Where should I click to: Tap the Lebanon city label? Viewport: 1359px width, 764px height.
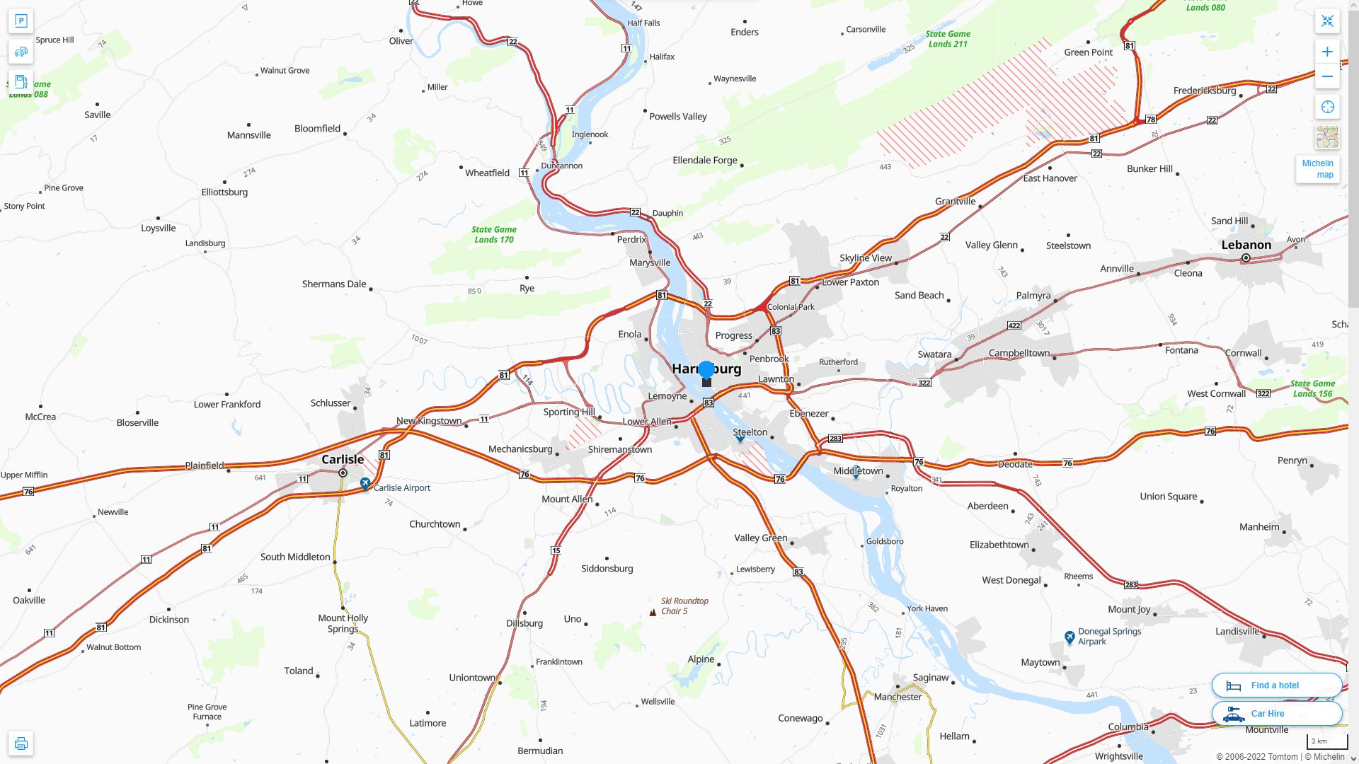1246,245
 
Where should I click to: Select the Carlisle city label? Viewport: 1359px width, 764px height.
343,459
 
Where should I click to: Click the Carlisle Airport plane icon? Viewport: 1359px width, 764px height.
365,484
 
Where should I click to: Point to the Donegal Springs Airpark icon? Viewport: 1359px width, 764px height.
1070,637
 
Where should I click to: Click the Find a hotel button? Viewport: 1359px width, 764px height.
1276,685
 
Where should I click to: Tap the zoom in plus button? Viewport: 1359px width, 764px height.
1327,52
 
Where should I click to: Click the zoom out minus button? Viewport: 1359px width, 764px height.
1327,76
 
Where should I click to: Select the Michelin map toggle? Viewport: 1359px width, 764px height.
1317,169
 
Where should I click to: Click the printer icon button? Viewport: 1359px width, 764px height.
21,743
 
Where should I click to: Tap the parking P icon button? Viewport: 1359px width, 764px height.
21,21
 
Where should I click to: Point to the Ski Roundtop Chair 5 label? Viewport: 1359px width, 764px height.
684,606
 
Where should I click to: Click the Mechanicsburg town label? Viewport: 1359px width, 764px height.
520,449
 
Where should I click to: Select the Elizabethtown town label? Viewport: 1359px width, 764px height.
999,545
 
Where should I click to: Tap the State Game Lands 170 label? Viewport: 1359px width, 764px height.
493,234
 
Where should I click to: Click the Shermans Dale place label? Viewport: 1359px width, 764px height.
334,284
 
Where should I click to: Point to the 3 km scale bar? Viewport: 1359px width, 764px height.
1326,741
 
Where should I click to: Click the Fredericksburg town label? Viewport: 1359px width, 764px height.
1204,91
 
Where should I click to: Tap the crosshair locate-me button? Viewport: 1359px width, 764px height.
1327,107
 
